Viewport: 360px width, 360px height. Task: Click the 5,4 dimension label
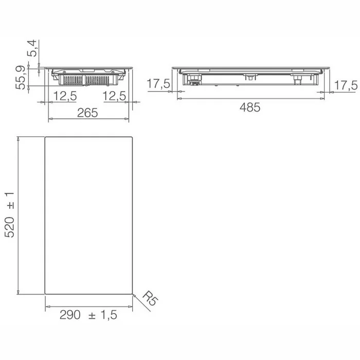click(32, 48)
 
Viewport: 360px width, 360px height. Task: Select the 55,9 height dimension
click(20, 77)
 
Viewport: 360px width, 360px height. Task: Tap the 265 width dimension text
click(87, 113)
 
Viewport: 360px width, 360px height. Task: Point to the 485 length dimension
click(250, 107)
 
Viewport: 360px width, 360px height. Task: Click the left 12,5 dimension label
click(65, 96)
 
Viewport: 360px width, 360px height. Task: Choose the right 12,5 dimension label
click(114, 96)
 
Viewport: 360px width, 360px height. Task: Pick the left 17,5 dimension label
click(158, 83)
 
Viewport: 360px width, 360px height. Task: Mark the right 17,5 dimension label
click(346, 85)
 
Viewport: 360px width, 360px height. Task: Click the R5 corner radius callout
click(150, 298)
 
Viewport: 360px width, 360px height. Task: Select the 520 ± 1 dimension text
click(10, 215)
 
